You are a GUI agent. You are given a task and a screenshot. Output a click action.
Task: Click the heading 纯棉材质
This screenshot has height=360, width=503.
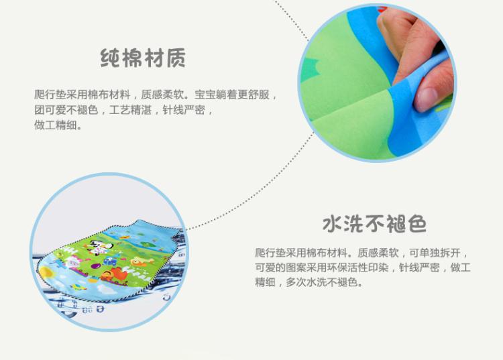pyautogui.click(x=143, y=58)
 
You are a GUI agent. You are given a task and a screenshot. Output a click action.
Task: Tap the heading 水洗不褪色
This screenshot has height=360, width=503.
pyautogui.click(x=375, y=223)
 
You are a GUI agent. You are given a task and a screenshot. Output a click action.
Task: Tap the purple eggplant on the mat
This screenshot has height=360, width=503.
pyautogui.click(x=95, y=265)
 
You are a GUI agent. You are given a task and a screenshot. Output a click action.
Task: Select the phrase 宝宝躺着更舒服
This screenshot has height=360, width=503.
pyautogui.click(x=231, y=95)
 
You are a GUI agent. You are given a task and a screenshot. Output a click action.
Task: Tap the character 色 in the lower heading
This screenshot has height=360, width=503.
pyautogui.click(x=417, y=223)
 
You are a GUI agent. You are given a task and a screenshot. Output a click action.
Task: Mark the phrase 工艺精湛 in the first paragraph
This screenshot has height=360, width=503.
pyautogui.click(x=130, y=110)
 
